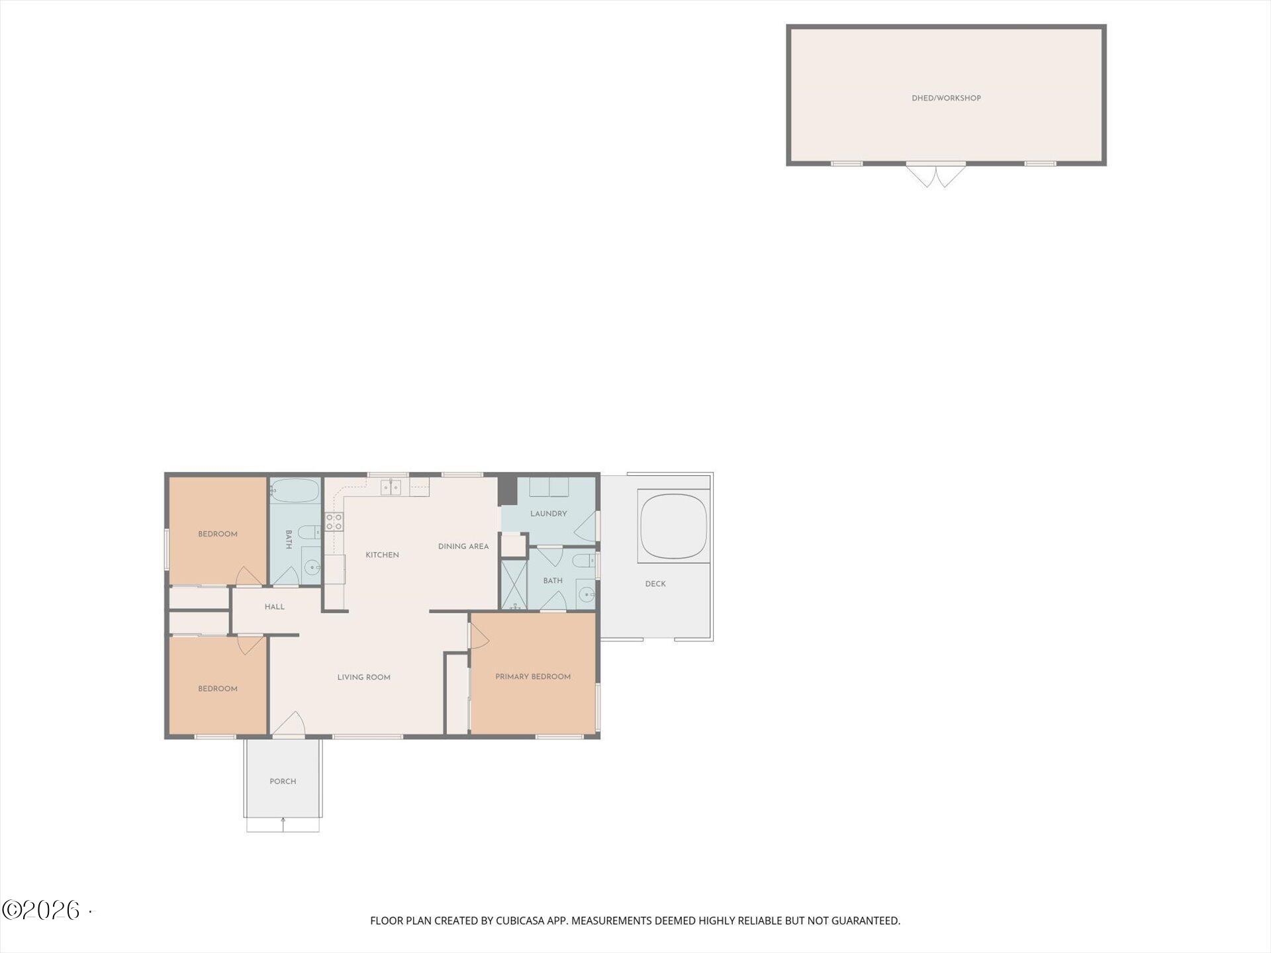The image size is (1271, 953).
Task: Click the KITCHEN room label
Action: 382,555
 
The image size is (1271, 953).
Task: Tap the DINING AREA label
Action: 463,547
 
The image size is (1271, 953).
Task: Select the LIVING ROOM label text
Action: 363,677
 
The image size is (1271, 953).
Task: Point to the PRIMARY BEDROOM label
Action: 533,676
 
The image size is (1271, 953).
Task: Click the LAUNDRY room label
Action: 548,514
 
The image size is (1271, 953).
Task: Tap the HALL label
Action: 274,607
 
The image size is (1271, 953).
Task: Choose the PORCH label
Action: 283,782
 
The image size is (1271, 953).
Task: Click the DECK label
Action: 655,584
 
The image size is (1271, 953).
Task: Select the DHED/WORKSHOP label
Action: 946,98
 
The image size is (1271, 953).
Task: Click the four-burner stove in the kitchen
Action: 334,522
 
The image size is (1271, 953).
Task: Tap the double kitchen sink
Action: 391,488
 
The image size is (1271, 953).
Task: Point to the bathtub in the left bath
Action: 295,490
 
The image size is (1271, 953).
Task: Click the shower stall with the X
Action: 514,585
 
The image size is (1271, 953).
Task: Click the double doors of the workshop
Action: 935,175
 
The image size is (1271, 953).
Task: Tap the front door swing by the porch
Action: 289,724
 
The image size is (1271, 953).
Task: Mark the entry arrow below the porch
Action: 283,825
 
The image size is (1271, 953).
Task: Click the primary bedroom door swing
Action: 479,637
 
